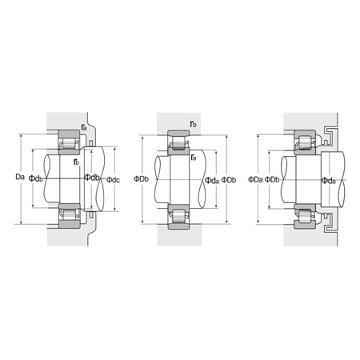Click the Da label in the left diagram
[x=20, y=176]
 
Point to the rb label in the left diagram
[x=76, y=162]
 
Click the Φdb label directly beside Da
[x=36, y=178]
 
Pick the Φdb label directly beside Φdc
[x=92, y=178]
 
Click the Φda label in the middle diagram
[x=212, y=179]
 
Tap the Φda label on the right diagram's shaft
[x=328, y=179]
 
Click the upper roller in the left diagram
[x=67, y=145]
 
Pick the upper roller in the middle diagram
[x=178, y=145]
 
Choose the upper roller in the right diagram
[x=304, y=143]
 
